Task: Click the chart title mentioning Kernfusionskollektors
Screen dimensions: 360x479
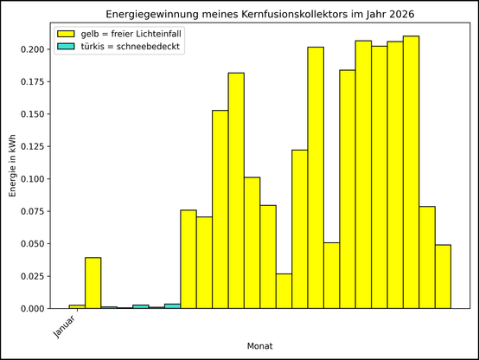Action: (x=259, y=15)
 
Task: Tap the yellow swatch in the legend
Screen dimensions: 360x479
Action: (x=66, y=33)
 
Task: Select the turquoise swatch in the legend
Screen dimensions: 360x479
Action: (x=66, y=47)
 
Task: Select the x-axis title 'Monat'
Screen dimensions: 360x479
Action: (x=259, y=345)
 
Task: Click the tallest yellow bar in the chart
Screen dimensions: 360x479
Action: (x=411, y=172)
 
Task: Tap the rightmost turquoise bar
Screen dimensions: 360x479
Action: (x=172, y=306)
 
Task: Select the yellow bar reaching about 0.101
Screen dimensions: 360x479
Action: (x=252, y=243)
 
